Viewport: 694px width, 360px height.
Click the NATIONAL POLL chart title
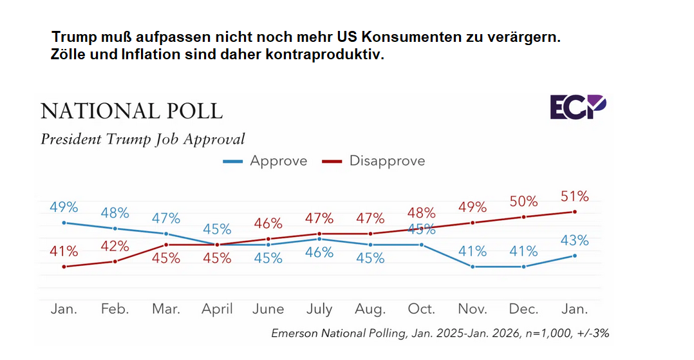coord(131,111)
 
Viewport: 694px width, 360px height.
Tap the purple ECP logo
coord(577,107)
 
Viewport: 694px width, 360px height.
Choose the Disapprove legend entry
coord(373,161)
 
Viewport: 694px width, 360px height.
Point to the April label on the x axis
coord(217,309)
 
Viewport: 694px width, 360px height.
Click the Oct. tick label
coord(422,309)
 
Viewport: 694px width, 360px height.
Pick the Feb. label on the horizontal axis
coord(115,309)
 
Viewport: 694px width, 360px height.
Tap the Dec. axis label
coord(523,309)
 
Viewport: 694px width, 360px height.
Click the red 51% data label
coord(574,196)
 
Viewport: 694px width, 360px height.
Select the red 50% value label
coord(523,202)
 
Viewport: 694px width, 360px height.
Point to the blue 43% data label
coord(574,240)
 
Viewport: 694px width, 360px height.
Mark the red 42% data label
coord(115,246)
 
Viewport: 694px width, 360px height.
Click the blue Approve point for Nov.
coord(473,267)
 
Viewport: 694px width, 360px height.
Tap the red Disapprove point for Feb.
coord(115,261)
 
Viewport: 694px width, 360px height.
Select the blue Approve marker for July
coord(319,239)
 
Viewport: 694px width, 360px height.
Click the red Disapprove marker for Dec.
coord(523,217)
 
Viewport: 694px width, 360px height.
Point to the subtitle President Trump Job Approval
coord(143,139)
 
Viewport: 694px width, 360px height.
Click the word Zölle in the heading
coord(68,55)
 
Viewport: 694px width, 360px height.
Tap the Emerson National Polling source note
coord(440,334)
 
